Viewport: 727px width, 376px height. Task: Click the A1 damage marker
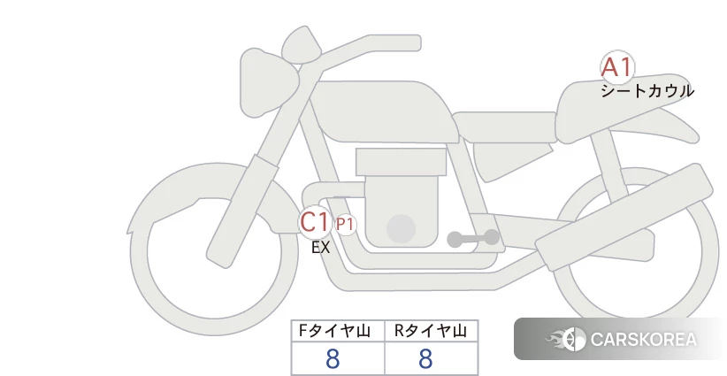pyautogui.click(x=617, y=67)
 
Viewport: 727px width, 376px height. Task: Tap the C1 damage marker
pyautogui.click(x=315, y=222)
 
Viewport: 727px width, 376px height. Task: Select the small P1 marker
pyautogui.click(x=346, y=225)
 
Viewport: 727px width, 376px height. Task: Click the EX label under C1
pyautogui.click(x=321, y=248)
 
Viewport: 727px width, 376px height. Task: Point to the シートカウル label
pyautogui.click(x=647, y=91)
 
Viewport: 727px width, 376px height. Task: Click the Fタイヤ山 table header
pyautogui.click(x=334, y=331)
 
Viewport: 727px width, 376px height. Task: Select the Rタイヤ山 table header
pyautogui.click(x=431, y=331)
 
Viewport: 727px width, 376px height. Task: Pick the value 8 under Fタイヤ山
pyautogui.click(x=333, y=359)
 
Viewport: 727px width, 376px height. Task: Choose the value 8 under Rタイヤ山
pyautogui.click(x=425, y=359)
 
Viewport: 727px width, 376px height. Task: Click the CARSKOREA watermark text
pyautogui.click(x=644, y=340)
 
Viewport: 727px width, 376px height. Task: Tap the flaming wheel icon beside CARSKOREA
pyautogui.click(x=567, y=340)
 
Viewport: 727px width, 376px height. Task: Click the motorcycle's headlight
pyautogui.click(x=266, y=82)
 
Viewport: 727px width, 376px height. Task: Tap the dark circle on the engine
pyautogui.click(x=401, y=228)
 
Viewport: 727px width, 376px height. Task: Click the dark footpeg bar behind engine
pyautogui.click(x=473, y=239)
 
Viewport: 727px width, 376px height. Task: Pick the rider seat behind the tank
pyautogui.click(x=504, y=127)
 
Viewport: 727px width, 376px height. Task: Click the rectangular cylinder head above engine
pyautogui.click(x=401, y=162)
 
